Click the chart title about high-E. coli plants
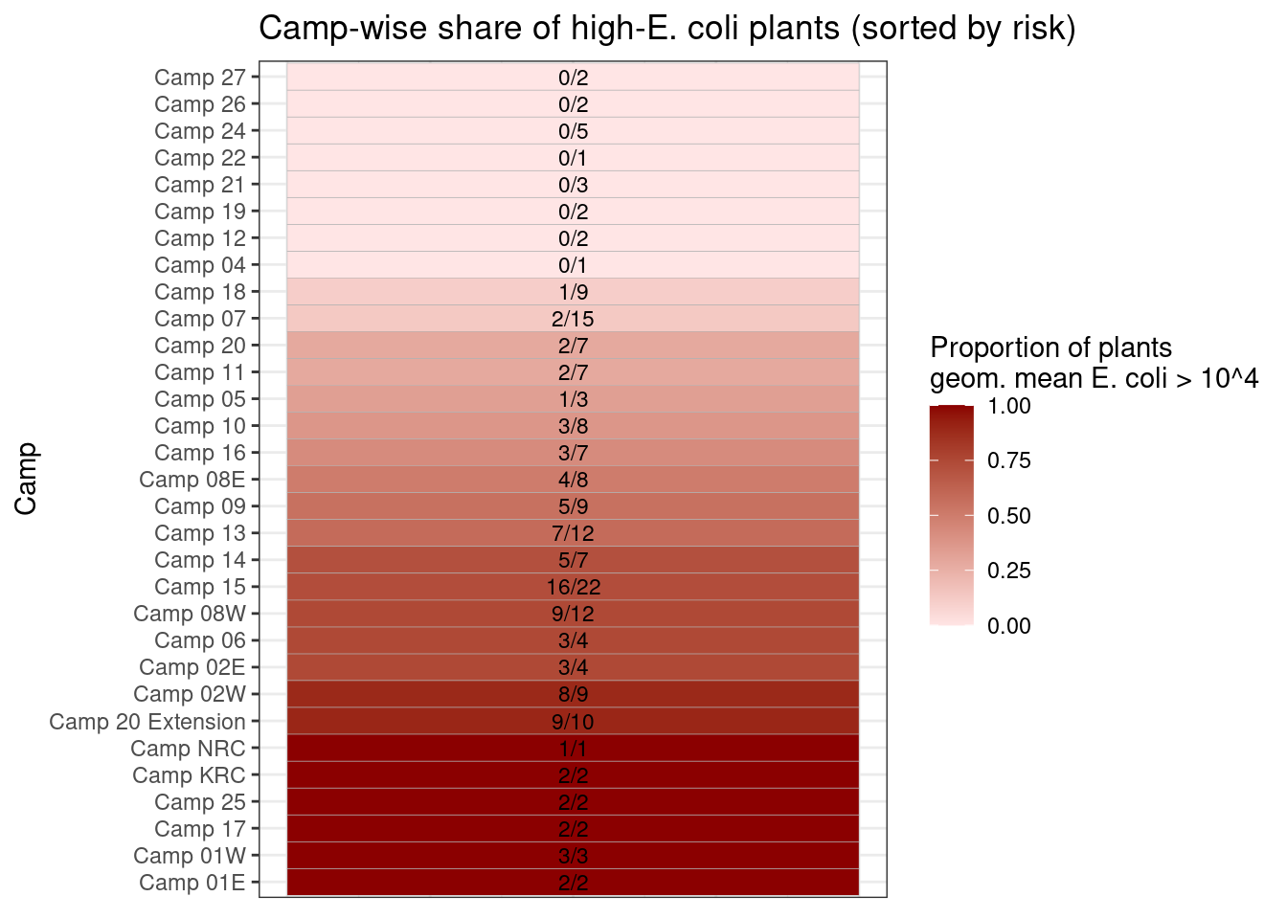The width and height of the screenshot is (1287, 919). pyautogui.click(x=667, y=29)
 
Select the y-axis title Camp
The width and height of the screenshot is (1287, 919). pyautogui.click(x=26, y=479)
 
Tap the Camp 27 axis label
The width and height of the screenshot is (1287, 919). pyautogui.click(x=200, y=78)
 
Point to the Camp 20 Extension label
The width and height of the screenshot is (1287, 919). pyautogui.click(x=147, y=722)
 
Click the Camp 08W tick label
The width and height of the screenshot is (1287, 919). pyautogui.click(x=190, y=614)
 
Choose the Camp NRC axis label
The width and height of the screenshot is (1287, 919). pyautogui.click(x=189, y=749)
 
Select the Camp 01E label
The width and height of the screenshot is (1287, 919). pyautogui.click(x=192, y=883)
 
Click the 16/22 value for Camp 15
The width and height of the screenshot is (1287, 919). pyautogui.click(x=573, y=587)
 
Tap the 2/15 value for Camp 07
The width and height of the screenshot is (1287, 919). pyautogui.click(x=573, y=319)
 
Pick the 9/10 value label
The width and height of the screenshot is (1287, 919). pyautogui.click(x=573, y=722)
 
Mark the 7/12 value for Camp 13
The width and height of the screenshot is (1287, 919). pyautogui.click(x=573, y=533)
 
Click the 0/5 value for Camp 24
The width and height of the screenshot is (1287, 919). pyautogui.click(x=573, y=131)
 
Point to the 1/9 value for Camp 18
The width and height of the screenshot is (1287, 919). pyautogui.click(x=573, y=292)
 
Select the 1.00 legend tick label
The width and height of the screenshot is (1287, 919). pyautogui.click(x=1009, y=406)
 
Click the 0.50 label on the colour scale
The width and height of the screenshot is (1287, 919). pyautogui.click(x=1009, y=516)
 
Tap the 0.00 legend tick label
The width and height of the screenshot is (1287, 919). pyautogui.click(x=1009, y=626)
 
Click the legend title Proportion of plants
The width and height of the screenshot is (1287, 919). pyautogui.click(x=1051, y=347)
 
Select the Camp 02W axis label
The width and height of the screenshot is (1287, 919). pyautogui.click(x=190, y=694)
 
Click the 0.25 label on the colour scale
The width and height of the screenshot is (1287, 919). pyautogui.click(x=1009, y=571)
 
